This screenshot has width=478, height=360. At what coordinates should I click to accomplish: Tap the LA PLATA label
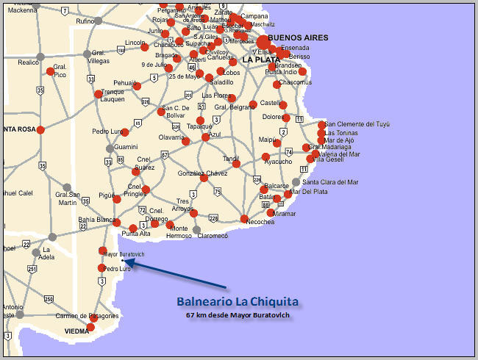tap(261, 60)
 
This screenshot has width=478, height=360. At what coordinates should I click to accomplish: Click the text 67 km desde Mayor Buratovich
tap(238, 315)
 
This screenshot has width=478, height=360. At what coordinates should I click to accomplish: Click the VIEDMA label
tap(77, 331)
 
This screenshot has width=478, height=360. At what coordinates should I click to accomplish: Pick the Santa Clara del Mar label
tap(330, 181)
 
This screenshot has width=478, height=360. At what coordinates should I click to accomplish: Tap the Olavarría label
tap(172, 137)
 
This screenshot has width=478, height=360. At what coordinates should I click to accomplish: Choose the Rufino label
tap(85, 21)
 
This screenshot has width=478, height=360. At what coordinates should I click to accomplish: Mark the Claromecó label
tap(213, 236)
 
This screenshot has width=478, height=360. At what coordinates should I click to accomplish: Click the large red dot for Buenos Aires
tap(263, 43)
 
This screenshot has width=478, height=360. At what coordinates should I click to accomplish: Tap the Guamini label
tap(125, 147)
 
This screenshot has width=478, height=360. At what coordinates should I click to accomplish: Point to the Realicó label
tap(28, 62)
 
